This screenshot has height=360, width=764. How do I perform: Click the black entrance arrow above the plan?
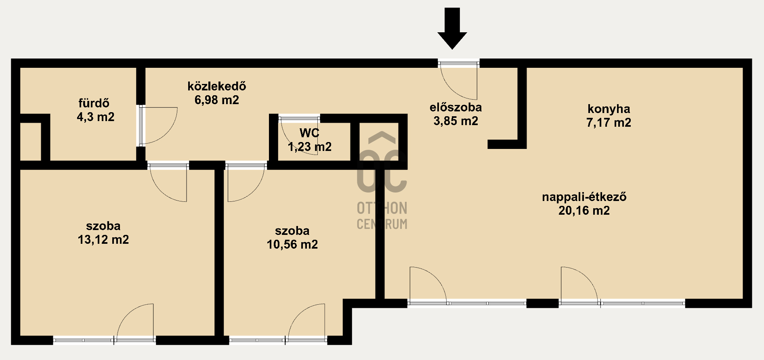coord(452,28)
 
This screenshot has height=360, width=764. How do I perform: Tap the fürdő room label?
coord(94,103)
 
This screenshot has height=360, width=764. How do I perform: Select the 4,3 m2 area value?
coord(96,117)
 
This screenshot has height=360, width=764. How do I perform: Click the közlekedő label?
coord(217,86)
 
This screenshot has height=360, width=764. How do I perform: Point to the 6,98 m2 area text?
coord(217,100)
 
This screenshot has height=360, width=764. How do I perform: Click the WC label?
coord(309,133)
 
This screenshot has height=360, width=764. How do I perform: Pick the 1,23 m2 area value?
coord(310,147)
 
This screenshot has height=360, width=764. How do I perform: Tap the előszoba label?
coord(455,107)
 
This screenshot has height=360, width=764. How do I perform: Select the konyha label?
coord(609,109)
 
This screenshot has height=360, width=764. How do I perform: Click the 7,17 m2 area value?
coord(609,122)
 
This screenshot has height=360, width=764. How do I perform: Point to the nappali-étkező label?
coord(584,197)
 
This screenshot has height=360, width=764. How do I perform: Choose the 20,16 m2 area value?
coord(584,210)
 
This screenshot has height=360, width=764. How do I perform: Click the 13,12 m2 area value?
coord(103,240)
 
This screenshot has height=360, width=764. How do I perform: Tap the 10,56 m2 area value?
coord(292,244)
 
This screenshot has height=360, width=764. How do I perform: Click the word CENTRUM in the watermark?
coord(382,224)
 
